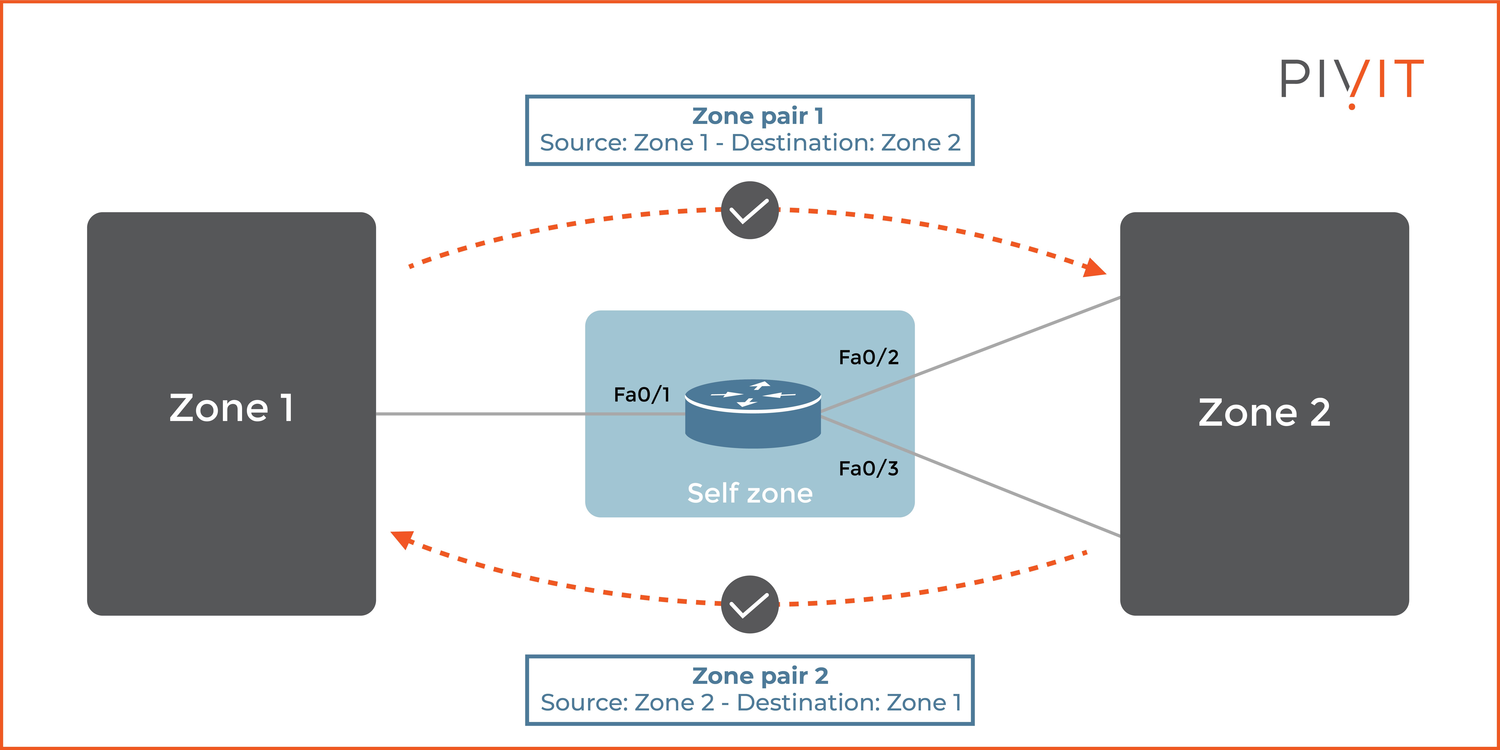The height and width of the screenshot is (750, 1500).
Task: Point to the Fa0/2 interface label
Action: point(868,357)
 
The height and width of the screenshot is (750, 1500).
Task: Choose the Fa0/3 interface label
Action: point(868,468)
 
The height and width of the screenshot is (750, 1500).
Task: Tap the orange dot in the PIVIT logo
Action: point(1351,106)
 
